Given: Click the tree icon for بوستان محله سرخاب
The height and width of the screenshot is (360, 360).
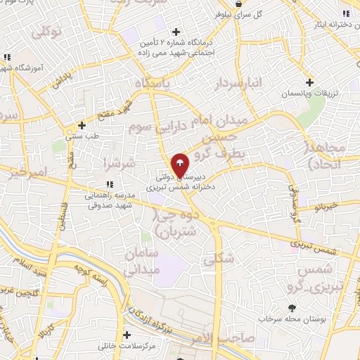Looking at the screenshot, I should (x=292, y=308).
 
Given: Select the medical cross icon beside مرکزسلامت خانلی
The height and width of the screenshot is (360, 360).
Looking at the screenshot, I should (x=127, y=335).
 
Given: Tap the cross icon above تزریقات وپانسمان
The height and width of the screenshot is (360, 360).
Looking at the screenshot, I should (x=309, y=82).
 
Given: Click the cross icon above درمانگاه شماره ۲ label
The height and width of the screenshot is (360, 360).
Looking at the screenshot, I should (x=176, y=31).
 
